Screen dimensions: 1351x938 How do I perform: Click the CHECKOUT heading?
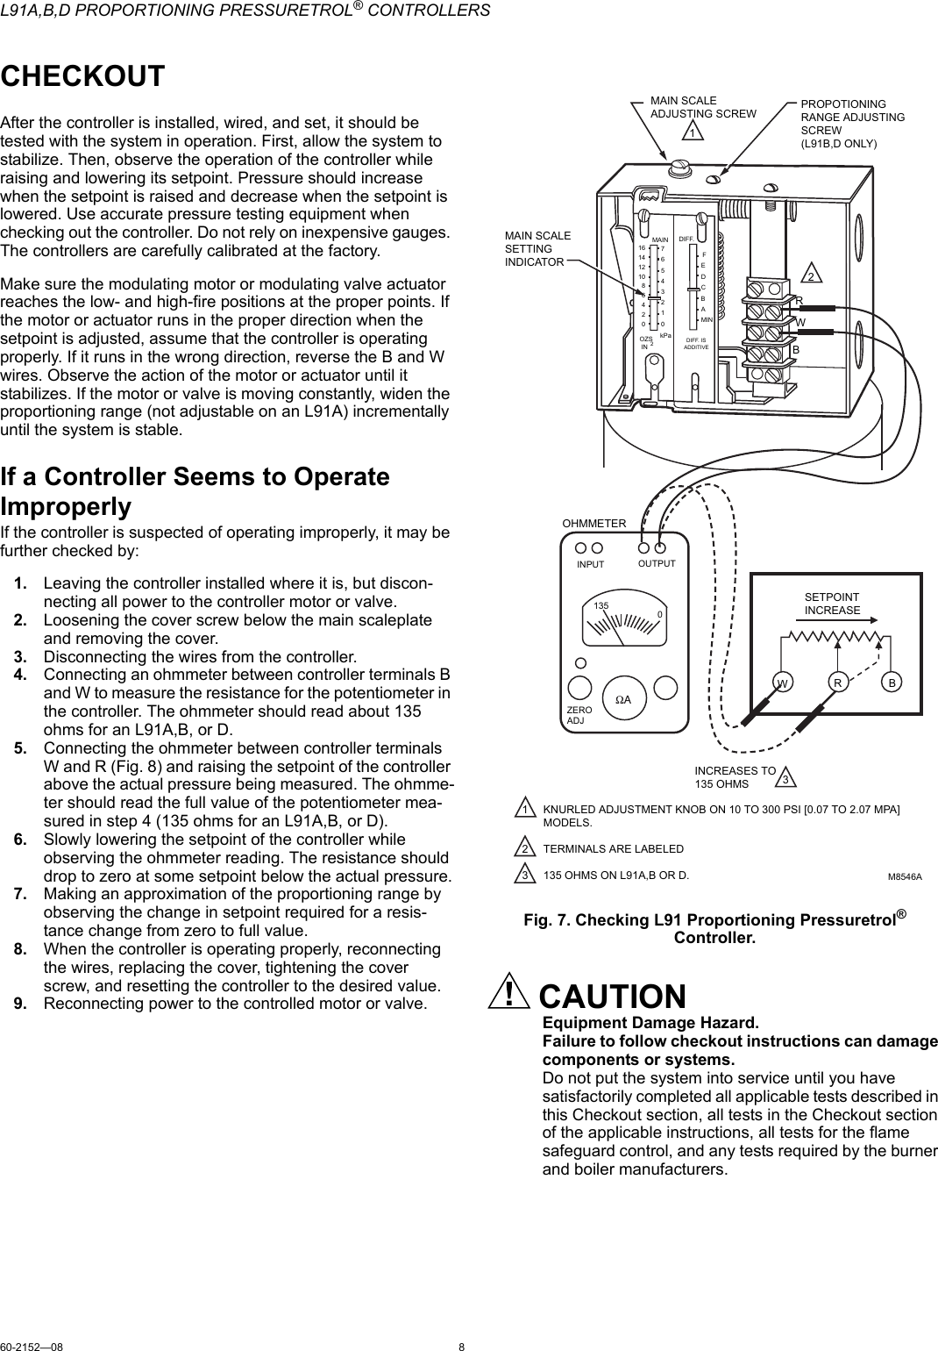[82, 76]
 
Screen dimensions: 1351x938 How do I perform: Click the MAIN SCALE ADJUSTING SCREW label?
[691, 107]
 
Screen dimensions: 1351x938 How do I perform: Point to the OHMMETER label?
[593, 524]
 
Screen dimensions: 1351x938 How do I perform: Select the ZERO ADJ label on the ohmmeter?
[579, 714]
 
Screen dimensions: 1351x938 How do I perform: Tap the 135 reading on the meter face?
[600, 606]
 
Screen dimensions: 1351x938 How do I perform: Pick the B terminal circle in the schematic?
[892, 682]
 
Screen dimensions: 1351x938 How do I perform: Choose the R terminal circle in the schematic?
[838, 682]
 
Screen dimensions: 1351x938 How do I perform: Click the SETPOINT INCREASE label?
[832, 604]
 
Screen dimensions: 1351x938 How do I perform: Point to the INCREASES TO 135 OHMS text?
[735, 776]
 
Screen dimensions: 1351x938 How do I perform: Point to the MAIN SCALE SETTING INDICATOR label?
[537, 249]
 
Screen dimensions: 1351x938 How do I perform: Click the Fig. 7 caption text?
[714, 928]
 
